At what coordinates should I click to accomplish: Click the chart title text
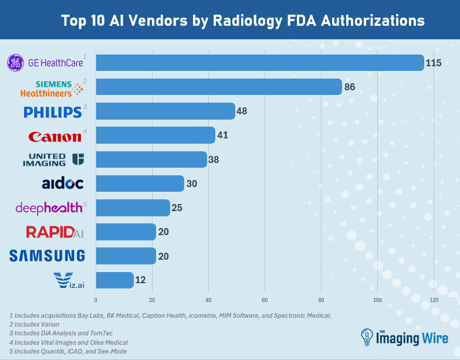(x=243, y=21)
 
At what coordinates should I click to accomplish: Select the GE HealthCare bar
(x=259, y=63)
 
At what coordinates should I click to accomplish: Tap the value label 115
(x=434, y=63)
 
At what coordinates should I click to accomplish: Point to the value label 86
(x=350, y=87)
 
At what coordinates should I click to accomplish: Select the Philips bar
(x=165, y=111)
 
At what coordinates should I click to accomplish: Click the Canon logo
(x=55, y=136)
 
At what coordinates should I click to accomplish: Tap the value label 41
(x=222, y=135)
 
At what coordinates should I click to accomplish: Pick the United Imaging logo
(x=53, y=159)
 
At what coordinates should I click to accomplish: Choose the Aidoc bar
(x=140, y=184)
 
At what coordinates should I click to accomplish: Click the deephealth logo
(x=44, y=208)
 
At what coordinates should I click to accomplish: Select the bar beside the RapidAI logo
(x=126, y=232)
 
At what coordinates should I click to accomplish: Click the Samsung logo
(x=48, y=256)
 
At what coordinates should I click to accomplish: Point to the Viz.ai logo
(x=68, y=280)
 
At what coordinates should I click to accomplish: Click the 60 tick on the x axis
(x=265, y=300)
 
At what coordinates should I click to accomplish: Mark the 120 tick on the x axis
(x=434, y=300)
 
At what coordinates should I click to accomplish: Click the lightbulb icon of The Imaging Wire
(x=366, y=338)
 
